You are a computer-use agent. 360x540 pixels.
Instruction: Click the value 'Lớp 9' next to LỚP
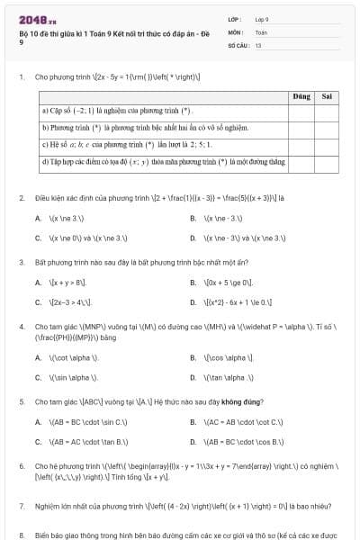[x=262, y=19]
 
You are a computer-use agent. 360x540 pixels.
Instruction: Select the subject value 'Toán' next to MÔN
[x=261, y=31]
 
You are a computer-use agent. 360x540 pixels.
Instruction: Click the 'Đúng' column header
[x=301, y=95]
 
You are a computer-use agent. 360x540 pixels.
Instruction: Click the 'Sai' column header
[x=327, y=95]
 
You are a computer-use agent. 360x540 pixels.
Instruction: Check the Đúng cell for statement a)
[x=301, y=112]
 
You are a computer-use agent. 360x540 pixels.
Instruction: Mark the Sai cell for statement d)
[x=327, y=162]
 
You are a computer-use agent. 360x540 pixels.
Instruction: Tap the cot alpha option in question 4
[x=67, y=357]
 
